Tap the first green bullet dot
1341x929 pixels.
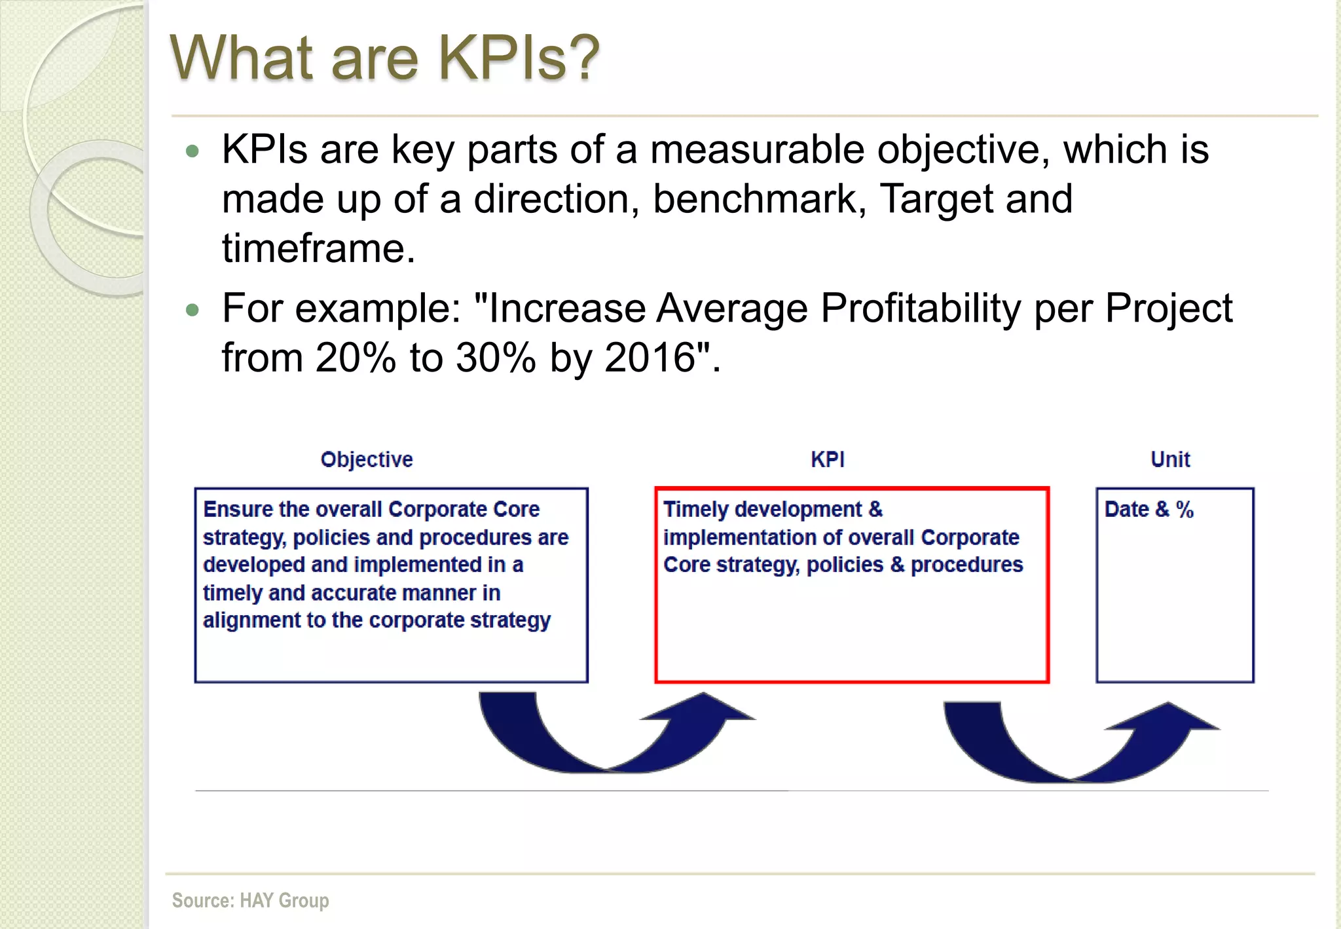(192, 151)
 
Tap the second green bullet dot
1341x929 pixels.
(192, 310)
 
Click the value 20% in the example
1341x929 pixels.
(355, 358)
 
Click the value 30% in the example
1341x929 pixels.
(496, 358)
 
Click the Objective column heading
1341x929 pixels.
(367, 459)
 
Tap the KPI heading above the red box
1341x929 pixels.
(828, 459)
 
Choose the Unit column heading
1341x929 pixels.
(1170, 459)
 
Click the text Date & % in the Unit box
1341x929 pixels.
(1148, 509)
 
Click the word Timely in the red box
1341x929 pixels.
(695, 509)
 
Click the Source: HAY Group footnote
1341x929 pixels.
(250, 900)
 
